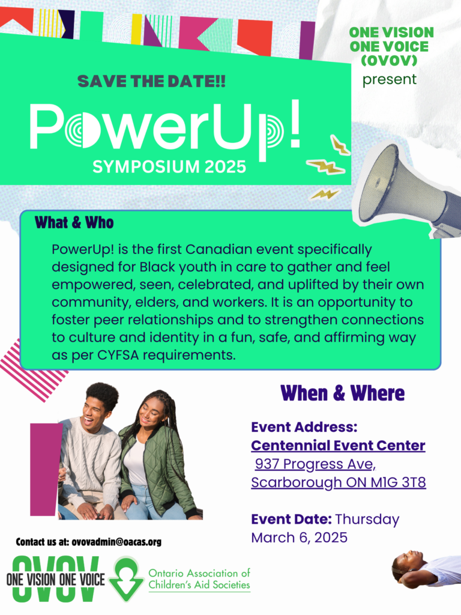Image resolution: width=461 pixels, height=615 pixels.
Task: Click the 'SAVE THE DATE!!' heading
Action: (x=152, y=82)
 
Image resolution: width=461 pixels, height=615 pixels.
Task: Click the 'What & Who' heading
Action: (x=74, y=223)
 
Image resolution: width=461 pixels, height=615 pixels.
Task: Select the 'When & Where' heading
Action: (x=342, y=393)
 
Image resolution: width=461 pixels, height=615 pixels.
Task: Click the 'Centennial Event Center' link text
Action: (x=338, y=446)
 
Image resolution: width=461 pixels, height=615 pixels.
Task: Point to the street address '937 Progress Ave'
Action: (x=315, y=464)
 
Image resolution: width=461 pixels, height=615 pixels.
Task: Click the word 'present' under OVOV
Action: (x=389, y=79)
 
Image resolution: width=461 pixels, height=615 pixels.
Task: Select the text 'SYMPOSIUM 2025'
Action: (x=169, y=167)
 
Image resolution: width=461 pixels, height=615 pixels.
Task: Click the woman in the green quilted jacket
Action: (x=158, y=456)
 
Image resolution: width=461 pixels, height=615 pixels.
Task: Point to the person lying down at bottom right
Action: (x=426, y=568)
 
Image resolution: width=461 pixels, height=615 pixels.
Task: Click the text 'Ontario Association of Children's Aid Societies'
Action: (x=199, y=579)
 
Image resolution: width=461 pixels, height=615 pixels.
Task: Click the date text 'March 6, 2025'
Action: (x=299, y=538)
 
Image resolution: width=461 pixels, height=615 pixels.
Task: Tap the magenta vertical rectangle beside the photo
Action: (x=45, y=469)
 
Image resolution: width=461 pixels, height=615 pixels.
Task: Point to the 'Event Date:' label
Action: (x=291, y=519)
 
